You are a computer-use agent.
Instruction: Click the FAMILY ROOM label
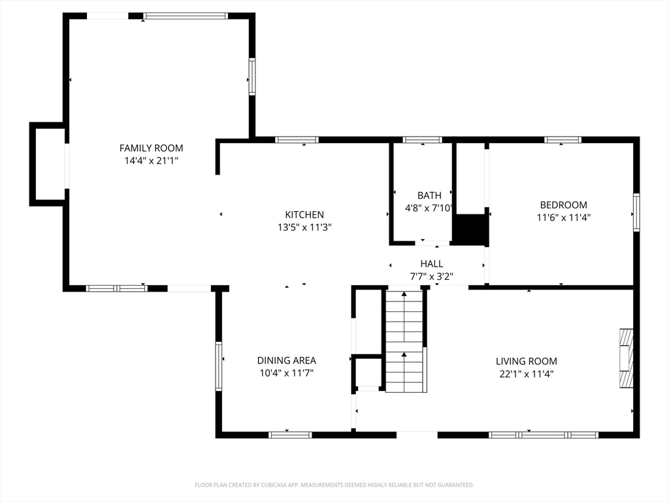(x=151, y=148)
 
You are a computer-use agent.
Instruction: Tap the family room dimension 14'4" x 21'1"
(x=151, y=161)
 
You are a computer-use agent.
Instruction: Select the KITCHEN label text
(x=304, y=214)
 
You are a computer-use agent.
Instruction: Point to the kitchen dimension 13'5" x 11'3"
(x=304, y=227)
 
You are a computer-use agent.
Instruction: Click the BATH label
(x=429, y=195)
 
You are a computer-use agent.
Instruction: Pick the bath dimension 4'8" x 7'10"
(x=429, y=209)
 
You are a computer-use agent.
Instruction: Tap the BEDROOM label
(x=563, y=205)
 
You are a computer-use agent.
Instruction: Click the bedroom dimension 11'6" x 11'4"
(x=563, y=218)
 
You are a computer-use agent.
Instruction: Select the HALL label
(x=431, y=264)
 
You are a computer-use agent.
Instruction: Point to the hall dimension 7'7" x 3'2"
(x=431, y=276)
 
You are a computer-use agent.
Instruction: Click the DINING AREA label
(x=286, y=360)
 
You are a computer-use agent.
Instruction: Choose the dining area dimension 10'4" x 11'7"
(x=286, y=373)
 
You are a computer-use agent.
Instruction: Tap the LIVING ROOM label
(x=526, y=361)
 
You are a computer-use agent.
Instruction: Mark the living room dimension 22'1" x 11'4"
(x=526, y=374)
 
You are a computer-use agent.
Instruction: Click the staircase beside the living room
(x=404, y=341)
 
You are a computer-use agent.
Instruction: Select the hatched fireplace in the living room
(x=627, y=358)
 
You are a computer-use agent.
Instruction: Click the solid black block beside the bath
(x=470, y=229)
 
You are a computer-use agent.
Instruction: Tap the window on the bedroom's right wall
(x=636, y=212)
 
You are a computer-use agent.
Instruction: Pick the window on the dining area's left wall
(x=218, y=366)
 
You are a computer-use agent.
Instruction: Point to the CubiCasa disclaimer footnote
(x=334, y=485)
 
